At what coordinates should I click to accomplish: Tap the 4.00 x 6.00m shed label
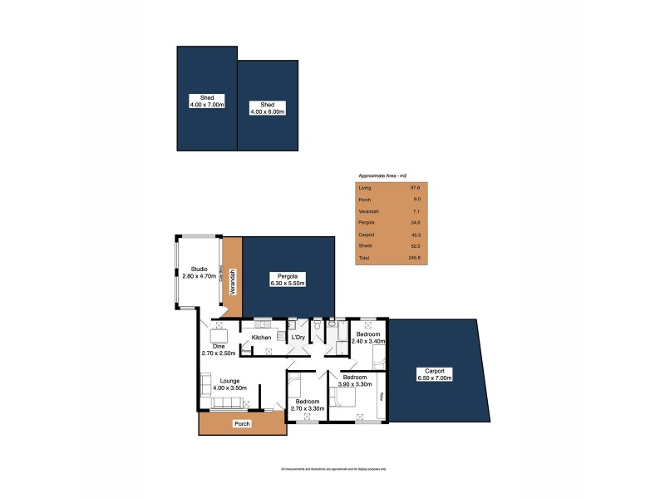(268, 107)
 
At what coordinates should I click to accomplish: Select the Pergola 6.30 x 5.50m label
(288, 279)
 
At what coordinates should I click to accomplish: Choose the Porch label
(242, 424)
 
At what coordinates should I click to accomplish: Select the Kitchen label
(262, 338)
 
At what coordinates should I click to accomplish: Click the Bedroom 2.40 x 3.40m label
(367, 337)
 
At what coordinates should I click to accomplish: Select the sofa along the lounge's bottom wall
(226, 403)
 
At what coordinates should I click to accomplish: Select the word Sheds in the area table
(364, 247)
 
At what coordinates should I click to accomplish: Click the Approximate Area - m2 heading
(381, 176)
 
